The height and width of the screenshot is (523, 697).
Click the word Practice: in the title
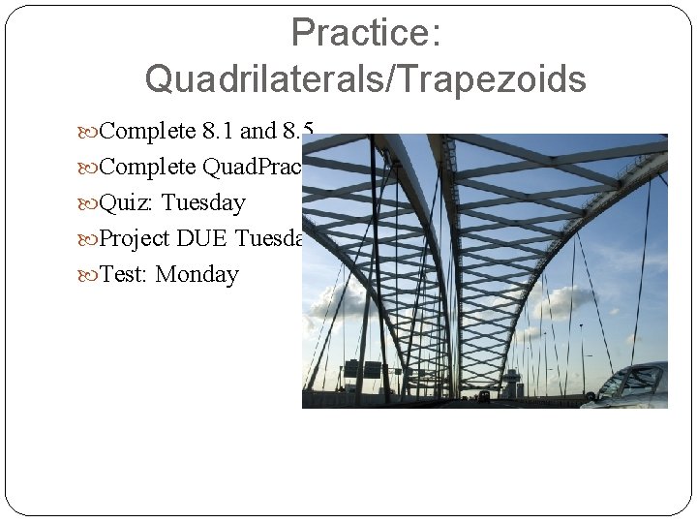tap(366, 34)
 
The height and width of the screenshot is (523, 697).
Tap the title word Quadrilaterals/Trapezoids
tap(365, 79)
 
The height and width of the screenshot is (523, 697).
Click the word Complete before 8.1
tap(147, 131)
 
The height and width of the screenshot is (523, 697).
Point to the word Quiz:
tap(127, 202)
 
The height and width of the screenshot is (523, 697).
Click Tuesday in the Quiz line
tap(203, 202)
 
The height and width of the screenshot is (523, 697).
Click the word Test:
tap(125, 274)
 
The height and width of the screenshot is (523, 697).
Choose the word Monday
tap(197, 274)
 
